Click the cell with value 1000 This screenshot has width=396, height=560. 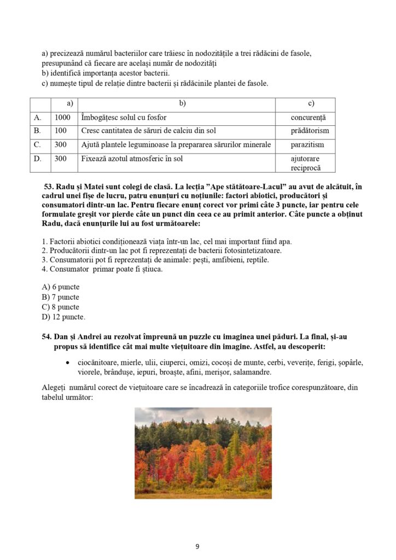[x=63, y=118]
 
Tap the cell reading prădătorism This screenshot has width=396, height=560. [x=310, y=131]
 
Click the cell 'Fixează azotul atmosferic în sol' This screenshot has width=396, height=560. [x=132, y=159]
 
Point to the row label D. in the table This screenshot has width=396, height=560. [x=38, y=159]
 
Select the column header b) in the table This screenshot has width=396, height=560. [x=183, y=103]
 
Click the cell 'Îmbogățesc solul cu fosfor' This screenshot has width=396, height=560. [x=124, y=118]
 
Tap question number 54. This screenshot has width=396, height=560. [x=47, y=337]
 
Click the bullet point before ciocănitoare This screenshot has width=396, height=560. [x=67, y=363]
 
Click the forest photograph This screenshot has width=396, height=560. [x=203, y=453]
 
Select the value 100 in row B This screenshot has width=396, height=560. [x=61, y=131]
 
